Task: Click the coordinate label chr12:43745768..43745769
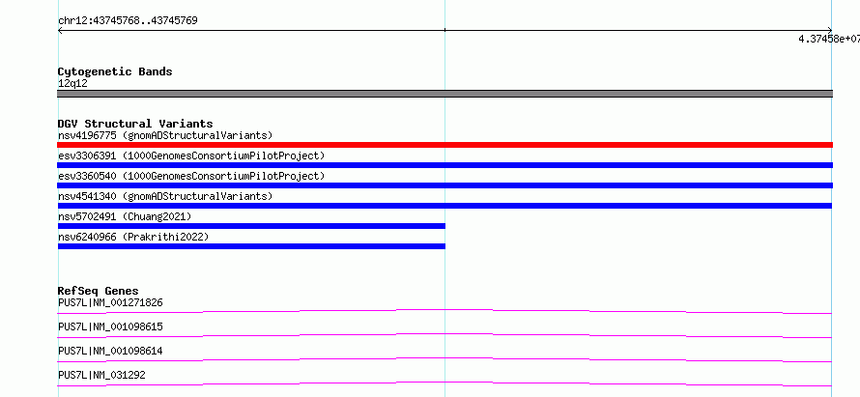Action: pyautogui.click(x=128, y=21)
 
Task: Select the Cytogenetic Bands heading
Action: pyautogui.click(x=115, y=71)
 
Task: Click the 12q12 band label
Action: pyautogui.click(x=72, y=84)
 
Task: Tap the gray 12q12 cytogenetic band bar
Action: pyautogui.click(x=444, y=94)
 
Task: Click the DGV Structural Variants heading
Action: pyautogui.click(x=135, y=124)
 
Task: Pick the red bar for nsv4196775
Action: pyautogui.click(x=444, y=145)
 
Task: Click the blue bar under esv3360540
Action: pyautogui.click(x=445, y=185)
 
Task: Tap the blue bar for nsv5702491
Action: pyautogui.click(x=252, y=226)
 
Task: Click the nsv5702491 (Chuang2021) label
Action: pyautogui.click(x=125, y=216)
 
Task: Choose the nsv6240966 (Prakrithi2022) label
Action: pyautogui.click(x=133, y=237)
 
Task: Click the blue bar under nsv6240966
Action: pyautogui.click(x=252, y=246)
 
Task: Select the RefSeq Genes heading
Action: pyautogui.click(x=99, y=291)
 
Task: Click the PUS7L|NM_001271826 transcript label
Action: pyautogui.click(x=110, y=302)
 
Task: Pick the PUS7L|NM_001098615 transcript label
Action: pyautogui.click(x=110, y=326)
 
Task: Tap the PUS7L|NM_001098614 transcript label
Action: pyautogui.click(x=110, y=351)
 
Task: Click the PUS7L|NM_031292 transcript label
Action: pyautogui.click(x=101, y=375)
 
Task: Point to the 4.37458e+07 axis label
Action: pyautogui.click(x=829, y=39)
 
